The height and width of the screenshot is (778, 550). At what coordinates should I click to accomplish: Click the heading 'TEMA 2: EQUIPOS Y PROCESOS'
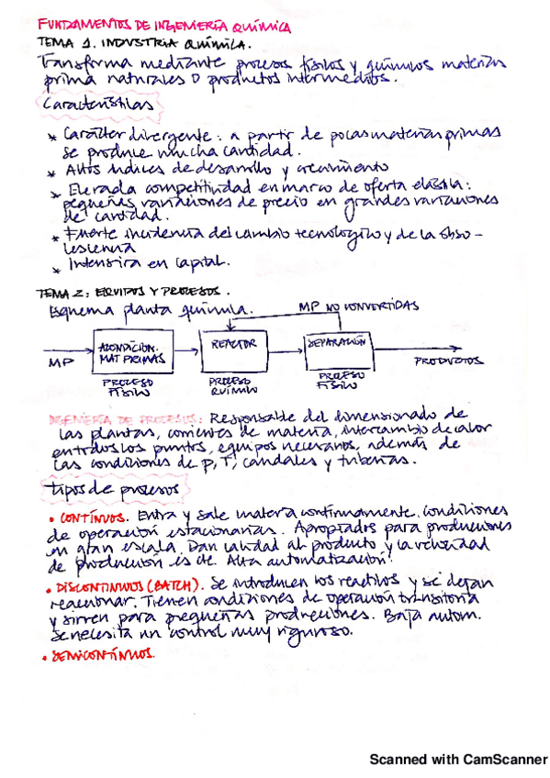[x=129, y=291]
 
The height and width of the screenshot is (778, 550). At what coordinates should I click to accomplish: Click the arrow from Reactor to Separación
[x=287, y=347]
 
